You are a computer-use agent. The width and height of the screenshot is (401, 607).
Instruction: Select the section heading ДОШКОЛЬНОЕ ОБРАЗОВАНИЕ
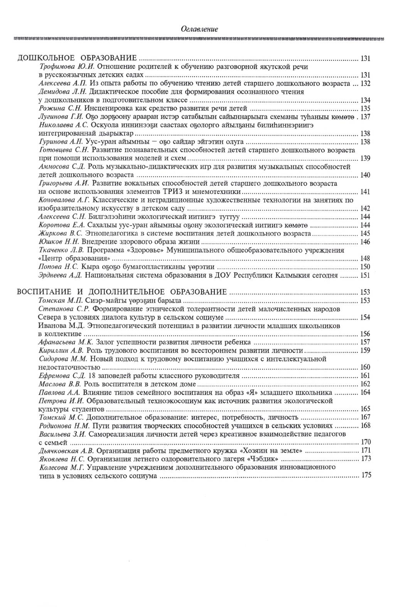pyautogui.click(x=77, y=58)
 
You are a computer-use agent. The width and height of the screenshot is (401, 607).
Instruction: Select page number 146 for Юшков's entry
pyautogui.click(x=365, y=242)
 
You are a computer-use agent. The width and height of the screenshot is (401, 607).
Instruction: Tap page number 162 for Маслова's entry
pyautogui.click(x=365, y=384)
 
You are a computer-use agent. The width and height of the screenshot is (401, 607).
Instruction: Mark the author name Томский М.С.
pyautogui.click(x=62, y=417)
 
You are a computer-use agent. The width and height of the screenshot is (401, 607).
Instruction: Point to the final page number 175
pyautogui.click(x=366, y=475)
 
